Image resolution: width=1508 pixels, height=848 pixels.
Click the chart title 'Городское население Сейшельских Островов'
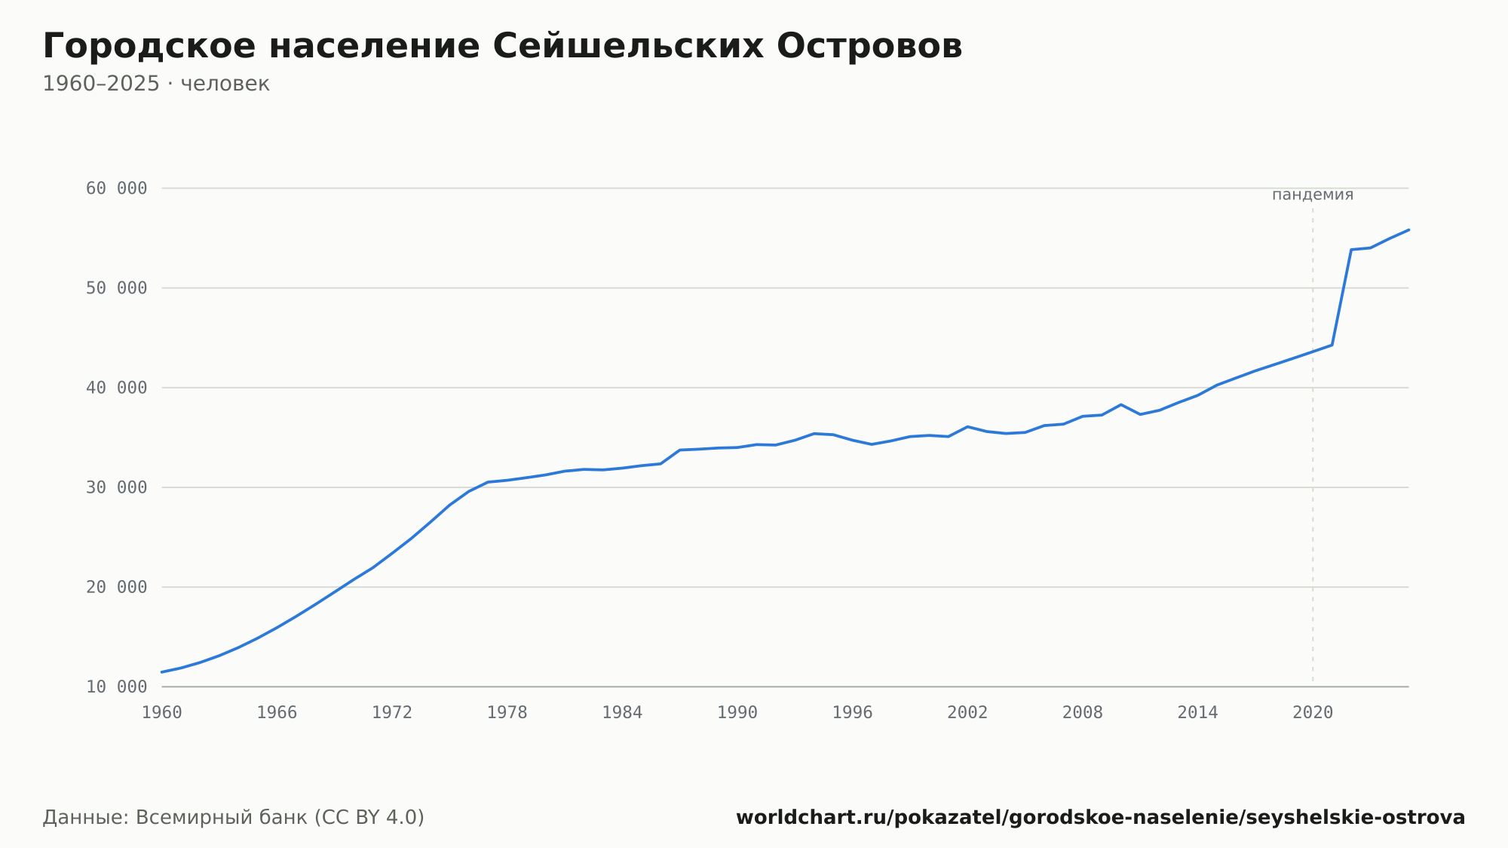(x=502, y=46)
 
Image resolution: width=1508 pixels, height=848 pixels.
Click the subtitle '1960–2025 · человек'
(x=156, y=84)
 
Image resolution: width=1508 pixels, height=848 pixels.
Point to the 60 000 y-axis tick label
(x=117, y=189)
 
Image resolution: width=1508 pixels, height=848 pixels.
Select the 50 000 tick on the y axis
(x=117, y=288)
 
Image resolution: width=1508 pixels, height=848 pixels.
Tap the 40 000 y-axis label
(x=117, y=388)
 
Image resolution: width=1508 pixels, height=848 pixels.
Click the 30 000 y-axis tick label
(x=117, y=487)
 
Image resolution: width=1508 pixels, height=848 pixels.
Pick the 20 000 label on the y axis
(x=117, y=587)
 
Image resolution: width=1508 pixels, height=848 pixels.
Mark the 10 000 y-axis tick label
(x=117, y=687)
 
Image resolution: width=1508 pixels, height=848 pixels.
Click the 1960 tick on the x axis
(x=162, y=713)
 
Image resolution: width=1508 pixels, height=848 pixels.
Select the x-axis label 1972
(x=392, y=713)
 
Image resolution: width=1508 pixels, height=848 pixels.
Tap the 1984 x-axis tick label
(x=622, y=713)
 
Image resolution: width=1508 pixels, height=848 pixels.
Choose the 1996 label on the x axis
(x=852, y=713)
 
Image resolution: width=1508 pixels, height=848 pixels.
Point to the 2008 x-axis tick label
(x=1083, y=713)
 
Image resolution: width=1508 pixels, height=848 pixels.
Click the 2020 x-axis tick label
(x=1313, y=713)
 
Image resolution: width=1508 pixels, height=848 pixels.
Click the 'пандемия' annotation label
(x=1313, y=195)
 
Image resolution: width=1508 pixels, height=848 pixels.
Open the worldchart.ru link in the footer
(x=1100, y=817)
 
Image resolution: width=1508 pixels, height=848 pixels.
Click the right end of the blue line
(x=1408, y=229)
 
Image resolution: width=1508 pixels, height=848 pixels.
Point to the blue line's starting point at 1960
(x=162, y=672)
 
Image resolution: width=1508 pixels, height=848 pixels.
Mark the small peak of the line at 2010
(x=1121, y=404)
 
